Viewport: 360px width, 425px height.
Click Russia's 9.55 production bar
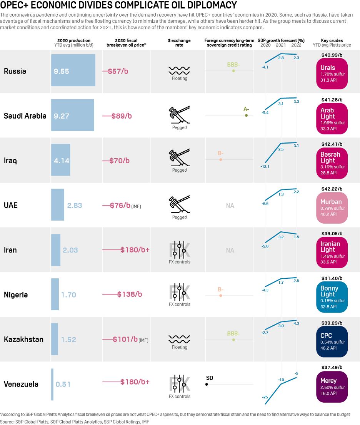(x=73, y=70)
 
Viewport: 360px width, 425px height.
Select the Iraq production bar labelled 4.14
(x=61, y=160)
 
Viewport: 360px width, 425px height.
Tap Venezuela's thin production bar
(x=52, y=384)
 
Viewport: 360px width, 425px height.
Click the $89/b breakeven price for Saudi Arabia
(x=122, y=116)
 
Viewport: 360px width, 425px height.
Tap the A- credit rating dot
(x=246, y=115)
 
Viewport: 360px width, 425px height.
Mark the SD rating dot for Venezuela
(x=207, y=384)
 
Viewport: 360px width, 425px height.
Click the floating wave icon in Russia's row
(x=179, y=70)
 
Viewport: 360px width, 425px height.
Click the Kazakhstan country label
(x=23, y=340)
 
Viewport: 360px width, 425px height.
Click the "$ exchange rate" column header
(x=179, y=42)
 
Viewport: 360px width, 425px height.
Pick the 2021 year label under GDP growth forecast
(x=281, y=45)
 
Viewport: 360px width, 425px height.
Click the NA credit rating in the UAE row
(x=230, y=206)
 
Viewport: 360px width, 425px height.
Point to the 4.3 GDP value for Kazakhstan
(x=296, y=323)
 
